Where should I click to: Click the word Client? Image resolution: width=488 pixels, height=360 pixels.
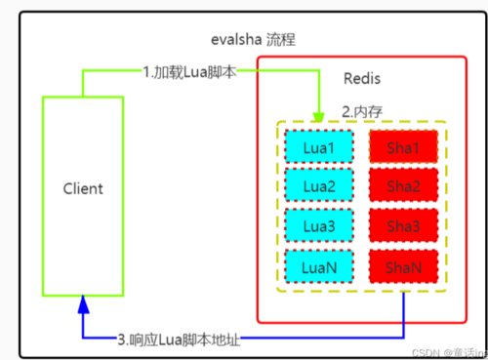click(82, 187)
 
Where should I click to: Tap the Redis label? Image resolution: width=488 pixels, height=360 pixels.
click(362, 78)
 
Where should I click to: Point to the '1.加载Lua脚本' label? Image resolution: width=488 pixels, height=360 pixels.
click(187, 70)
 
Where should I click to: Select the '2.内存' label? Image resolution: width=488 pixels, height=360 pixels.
click(361, 110)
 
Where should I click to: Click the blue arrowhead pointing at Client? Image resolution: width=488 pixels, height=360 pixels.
click(82, 303)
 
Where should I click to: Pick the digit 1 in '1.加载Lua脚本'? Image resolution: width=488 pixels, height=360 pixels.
click(145, 70)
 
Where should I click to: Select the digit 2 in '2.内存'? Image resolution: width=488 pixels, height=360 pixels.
click(345, 110)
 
